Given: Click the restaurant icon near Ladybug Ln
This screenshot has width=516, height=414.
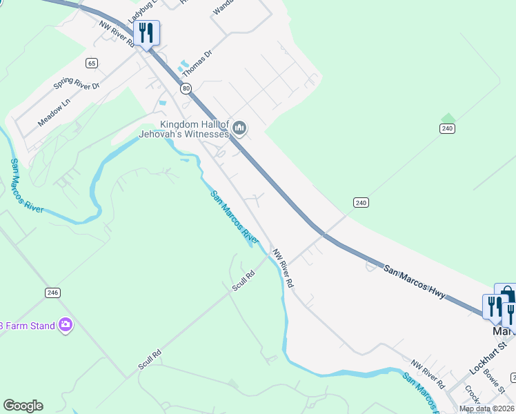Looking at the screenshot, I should pos(146,32).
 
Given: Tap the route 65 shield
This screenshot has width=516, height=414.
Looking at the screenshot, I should pos(91,63).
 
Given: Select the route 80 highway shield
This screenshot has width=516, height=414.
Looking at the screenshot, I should pos(186,88).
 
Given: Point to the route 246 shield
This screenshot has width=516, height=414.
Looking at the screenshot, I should pos(52,293).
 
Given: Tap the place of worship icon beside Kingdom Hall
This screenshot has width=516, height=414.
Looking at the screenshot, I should pos(240,127).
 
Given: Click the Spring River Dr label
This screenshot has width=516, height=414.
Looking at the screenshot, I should pos(77,86).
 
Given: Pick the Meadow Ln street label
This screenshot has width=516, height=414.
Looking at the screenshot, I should pos(54,112).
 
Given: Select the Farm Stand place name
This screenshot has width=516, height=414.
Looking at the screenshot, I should pos(28,326).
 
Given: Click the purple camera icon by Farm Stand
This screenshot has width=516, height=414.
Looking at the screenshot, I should pos(66,324).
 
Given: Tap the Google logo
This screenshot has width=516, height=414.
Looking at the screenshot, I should pos(23,406).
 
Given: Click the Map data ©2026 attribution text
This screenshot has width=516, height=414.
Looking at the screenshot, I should pos(487,408).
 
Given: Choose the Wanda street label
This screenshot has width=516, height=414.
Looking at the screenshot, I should pos(224,7).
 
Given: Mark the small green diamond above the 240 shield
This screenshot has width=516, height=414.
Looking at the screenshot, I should pos(448,117).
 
